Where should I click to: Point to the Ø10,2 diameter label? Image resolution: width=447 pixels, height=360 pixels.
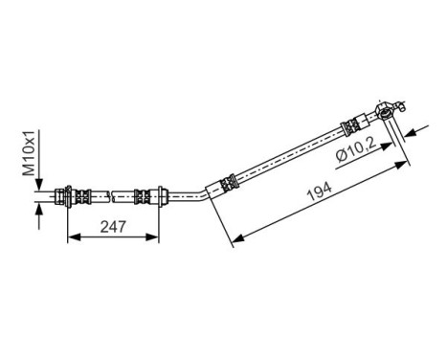[360, 150]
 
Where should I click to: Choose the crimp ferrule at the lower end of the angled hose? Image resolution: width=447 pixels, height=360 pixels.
[229, 180]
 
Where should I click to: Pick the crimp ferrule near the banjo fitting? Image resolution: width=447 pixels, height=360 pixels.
[351, 125]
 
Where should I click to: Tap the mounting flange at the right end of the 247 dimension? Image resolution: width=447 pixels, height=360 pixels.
[158, 197]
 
